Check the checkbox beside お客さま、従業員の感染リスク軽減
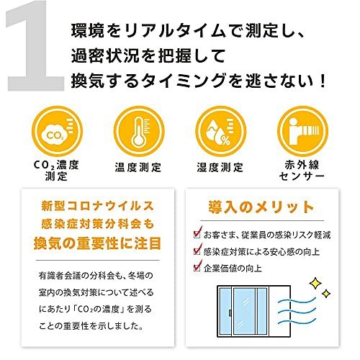pos(197,234)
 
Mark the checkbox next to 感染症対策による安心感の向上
pos(197,251)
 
